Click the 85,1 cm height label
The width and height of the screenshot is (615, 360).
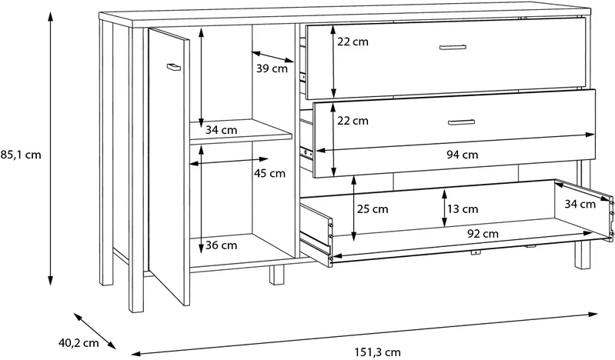20,155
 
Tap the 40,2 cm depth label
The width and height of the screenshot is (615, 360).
79,343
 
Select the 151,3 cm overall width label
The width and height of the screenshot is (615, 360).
378,352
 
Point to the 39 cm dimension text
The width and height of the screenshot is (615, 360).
272,68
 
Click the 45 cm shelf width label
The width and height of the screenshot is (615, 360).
269,173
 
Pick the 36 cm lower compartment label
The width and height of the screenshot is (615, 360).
221,245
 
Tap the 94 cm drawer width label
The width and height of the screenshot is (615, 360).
463,155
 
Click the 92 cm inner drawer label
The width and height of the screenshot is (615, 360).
483,234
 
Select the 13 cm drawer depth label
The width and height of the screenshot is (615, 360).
463,209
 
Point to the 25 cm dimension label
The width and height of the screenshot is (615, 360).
373,209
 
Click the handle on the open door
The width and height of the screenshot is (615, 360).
173,67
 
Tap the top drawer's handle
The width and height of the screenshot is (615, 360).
453,48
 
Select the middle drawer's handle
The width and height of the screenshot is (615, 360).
461,122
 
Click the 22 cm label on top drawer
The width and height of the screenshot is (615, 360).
353,42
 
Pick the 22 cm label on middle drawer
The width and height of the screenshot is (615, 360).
353,121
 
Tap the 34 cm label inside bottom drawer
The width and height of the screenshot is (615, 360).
580,204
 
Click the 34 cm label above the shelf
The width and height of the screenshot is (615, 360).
221,129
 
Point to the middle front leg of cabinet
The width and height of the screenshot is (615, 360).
276,275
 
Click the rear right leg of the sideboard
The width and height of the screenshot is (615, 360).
583,255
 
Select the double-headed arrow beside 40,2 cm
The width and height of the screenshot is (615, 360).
95,331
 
